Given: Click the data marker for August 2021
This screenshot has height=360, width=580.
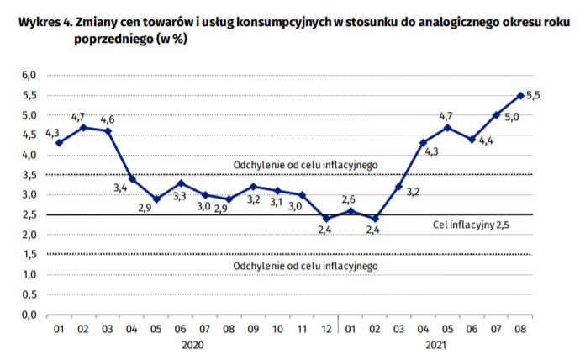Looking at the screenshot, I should (x=521, y=95).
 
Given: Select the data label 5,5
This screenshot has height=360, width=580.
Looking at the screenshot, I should (x=533, y=96).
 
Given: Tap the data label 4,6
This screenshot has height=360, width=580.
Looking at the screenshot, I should (x=108, y=119).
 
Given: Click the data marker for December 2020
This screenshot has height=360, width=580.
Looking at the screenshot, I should (x=326, y=219).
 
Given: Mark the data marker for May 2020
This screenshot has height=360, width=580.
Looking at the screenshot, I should (x=156, y=199).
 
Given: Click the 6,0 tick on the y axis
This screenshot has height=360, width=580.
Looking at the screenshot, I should (x=29, y=76).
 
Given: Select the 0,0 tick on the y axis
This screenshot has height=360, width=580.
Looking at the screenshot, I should (x=29, y=315).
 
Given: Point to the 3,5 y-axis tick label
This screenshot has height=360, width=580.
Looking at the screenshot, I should (x=29, y=175).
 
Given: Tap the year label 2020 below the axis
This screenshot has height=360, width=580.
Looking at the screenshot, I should (x=192, y=345).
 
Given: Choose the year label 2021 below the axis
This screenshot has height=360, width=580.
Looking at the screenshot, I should (x=435, y=345).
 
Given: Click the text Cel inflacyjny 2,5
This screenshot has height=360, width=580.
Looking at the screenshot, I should (x=471, y=225).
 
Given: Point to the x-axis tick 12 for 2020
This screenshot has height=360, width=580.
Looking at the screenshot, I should (x=326, y=329).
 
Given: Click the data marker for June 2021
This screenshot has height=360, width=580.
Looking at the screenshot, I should (x=472, y=139).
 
